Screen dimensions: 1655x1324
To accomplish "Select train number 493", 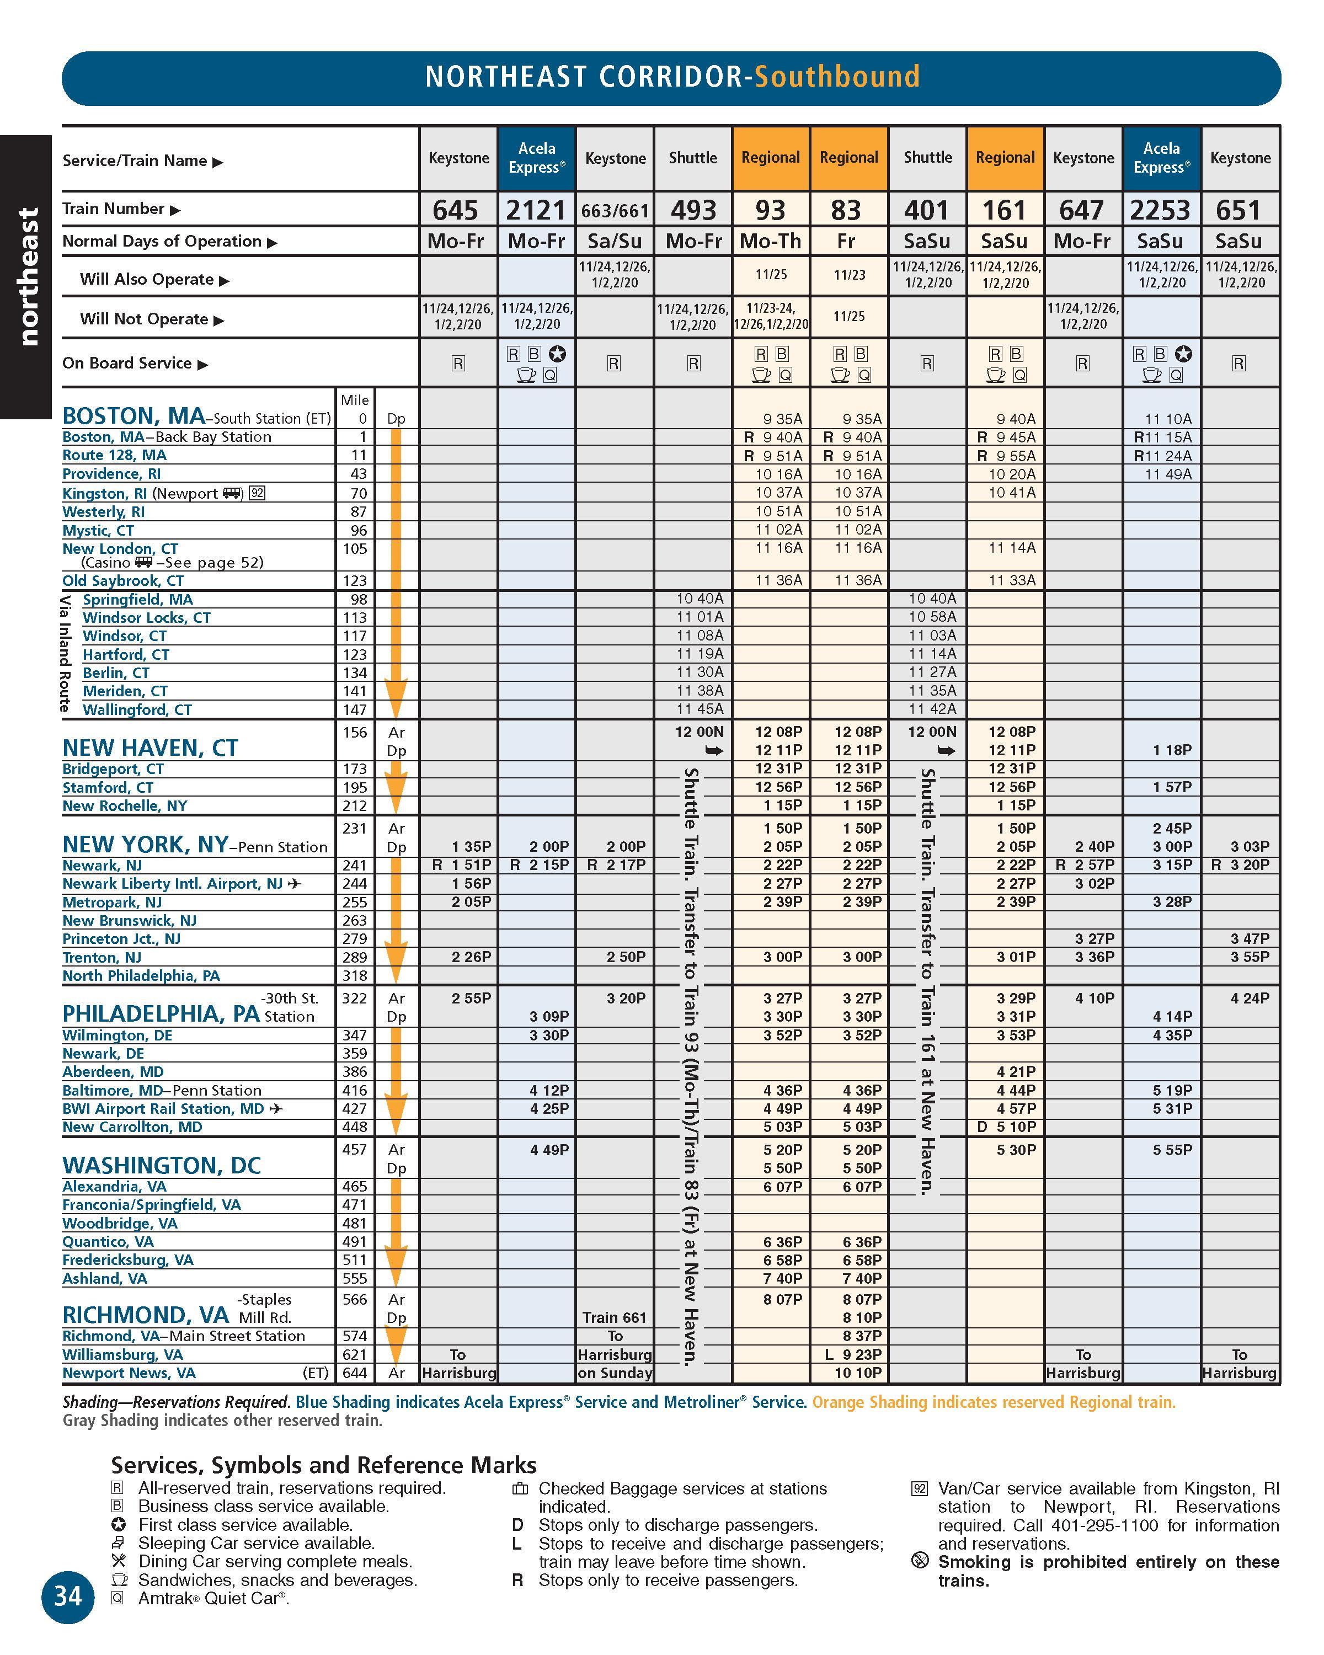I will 692,210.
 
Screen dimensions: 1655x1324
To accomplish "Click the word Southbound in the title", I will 837,77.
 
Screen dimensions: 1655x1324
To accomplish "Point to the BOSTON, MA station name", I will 134,416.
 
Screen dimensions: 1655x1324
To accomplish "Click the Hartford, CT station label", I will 126,654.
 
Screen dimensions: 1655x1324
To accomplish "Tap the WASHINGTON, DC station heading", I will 161,1165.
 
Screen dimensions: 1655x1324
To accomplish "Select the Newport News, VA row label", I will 129,1373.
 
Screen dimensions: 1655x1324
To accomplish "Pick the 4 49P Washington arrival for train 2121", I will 549,1149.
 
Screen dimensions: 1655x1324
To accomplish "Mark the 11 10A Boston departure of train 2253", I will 1168,419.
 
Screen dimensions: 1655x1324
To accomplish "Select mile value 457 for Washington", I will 355,1149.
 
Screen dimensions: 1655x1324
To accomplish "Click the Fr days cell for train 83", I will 847,241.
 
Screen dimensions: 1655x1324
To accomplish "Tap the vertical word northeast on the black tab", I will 28,276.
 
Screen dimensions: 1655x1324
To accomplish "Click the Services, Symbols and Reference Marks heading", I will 323,1465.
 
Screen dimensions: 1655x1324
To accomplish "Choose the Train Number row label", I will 114,209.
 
